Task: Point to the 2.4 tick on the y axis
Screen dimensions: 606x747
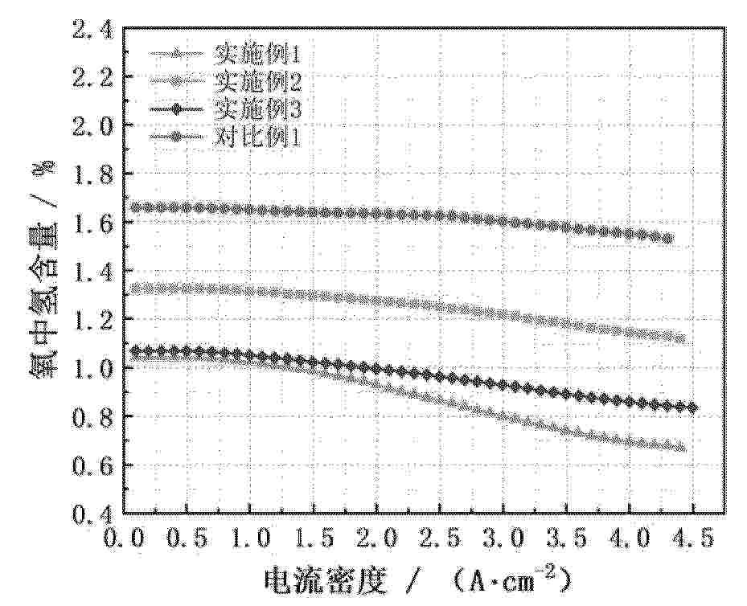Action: pyautogui.click(x=94, y=30)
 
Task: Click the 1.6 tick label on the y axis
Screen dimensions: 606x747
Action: pyautogui.click(x=94, y=223)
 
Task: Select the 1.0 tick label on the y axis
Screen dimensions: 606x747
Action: pyautogui.click(x=94, y=367)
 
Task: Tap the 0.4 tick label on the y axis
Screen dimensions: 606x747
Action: pyautogui.click(x=94, y=513)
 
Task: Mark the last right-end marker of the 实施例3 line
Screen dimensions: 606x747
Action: pyautogui.click(x=692, y=407)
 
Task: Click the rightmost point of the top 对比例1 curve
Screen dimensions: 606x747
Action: pyautogui.click(x=667, y=237)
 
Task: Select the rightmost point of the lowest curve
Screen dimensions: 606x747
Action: pyautogui.click(x=682, y=447)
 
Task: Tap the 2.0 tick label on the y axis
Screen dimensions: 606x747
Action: pyautogui.click(x=94, y=126)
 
